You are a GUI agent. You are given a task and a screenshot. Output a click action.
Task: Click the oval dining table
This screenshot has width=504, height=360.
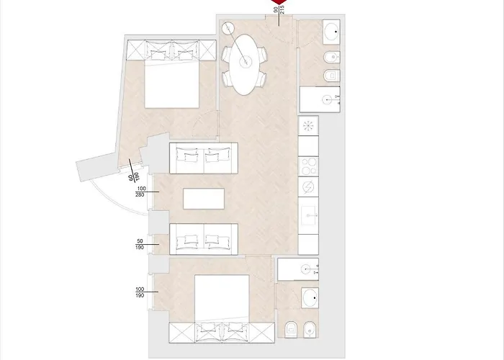pos(246,63)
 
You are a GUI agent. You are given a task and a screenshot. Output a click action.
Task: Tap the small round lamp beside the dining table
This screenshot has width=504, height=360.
pos(229,30)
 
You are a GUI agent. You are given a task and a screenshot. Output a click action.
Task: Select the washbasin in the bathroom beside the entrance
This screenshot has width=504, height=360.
pos(333,31)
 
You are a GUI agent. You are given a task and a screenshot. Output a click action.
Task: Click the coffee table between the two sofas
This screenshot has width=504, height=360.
pos(204,198)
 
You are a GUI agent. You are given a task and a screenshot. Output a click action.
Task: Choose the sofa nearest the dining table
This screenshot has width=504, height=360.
pos(204,157)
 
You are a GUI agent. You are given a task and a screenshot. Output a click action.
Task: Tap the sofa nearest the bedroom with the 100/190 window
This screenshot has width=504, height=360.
pos(204,238)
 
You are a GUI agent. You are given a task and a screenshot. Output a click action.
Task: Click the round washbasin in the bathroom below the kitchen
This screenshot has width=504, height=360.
pos(312,297)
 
